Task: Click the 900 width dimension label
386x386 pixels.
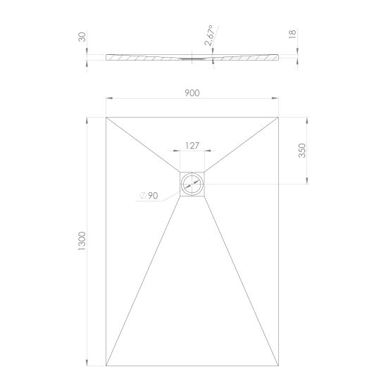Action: (192, 93)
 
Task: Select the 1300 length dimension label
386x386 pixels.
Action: (82, 241)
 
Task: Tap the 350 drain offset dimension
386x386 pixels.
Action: (301, 151)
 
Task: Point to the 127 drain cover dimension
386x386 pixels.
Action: (192, 146)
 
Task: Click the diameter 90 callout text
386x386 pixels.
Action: (149, 196)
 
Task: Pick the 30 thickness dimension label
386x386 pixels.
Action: (82, 37)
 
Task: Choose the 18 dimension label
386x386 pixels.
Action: (292, 34)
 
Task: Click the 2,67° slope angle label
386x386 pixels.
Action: (208, 35)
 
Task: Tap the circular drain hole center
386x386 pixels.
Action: (192, 184)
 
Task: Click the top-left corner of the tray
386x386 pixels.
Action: (106, 118)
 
